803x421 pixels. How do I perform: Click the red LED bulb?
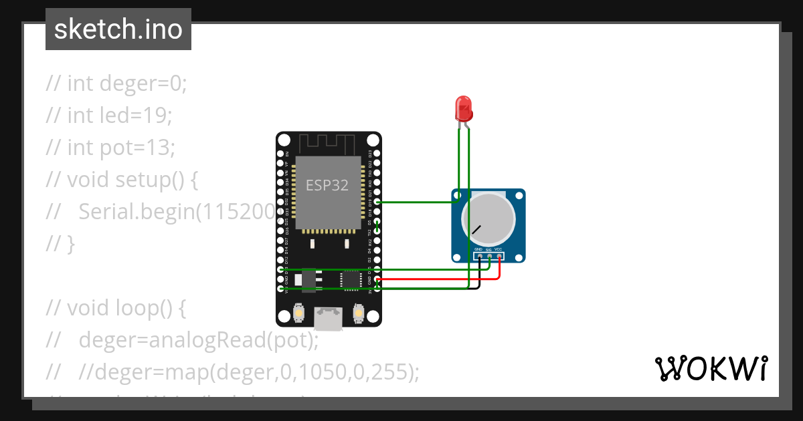tap(462, 107)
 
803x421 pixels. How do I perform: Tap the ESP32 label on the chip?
tap(327, 186)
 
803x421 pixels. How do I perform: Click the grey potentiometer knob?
tap(488, 220)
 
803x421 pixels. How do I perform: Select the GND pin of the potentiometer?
tap(479, 256)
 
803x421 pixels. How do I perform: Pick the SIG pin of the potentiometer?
tap(489, 256)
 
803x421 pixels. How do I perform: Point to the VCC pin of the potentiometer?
tap(499, 256)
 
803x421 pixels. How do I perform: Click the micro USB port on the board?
tap(329, 317)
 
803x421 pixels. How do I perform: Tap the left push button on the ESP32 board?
tap(298, 313)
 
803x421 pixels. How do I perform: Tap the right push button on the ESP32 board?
tap(359, 313)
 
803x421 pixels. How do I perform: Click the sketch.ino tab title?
tap(118, 30)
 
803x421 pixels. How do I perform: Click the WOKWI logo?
tap(711, 369)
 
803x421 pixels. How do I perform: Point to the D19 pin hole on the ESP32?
tap(378, 201)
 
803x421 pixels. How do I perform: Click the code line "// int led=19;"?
tap(109, 116)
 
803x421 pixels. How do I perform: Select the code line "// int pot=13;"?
tap(110, 147)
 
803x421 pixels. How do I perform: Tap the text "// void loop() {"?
tap(116, 308)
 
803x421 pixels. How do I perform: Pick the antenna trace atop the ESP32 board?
tap(327, 143)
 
